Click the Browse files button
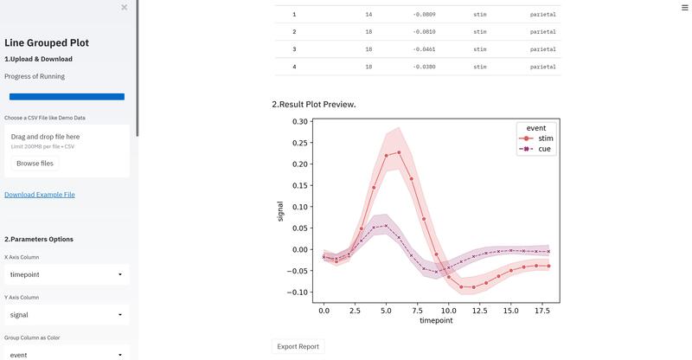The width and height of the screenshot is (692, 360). (x=35, y=163)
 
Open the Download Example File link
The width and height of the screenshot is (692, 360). (x=40, y=195)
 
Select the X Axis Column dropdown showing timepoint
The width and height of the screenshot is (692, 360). (x=67, y=274)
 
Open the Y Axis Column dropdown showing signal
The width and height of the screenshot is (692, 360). (x=67, y=315)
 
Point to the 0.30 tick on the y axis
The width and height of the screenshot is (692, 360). (x=299, y=122)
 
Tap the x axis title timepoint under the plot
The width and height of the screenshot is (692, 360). (x=437, y=319)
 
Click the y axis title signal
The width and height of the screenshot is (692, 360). (x=280, y=211)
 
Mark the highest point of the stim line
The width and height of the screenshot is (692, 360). (x=399, y=152)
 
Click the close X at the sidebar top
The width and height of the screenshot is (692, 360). (x=125, y=7)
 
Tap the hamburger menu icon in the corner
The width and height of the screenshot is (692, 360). (x=684, y=7)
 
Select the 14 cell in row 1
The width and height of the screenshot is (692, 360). (x=368, y=15)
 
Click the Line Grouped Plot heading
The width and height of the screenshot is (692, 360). (x=47, y=42)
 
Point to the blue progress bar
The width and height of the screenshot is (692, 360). (x=67, y=97)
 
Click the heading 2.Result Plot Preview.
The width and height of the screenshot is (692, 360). (x=314, y=105)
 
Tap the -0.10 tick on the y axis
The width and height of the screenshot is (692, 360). (x=298, y=292)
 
